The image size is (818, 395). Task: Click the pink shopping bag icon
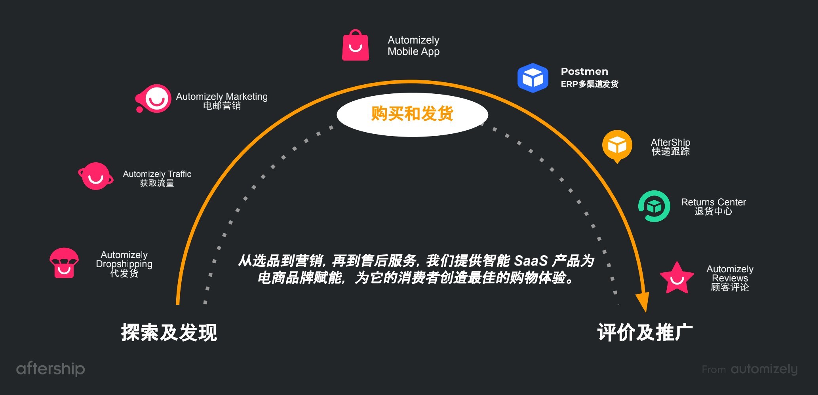click(x=355, y=46)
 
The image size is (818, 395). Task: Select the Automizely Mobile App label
click(x=413, y=46)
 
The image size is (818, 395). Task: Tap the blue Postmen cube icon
click(x=533, y=78)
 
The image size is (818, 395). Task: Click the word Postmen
click(x=584, y=72)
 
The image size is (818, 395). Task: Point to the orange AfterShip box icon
click(x=617, y=145)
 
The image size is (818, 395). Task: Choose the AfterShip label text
click(x=670, y=146)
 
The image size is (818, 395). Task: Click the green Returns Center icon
click(x=654, y=206)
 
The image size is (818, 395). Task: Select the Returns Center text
click(x=713, y=206)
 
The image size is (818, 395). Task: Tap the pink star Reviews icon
click(x=677, y=279)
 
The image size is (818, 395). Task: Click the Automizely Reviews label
click(x=730, y=278)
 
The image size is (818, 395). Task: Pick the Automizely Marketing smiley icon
click(x=154, y=99)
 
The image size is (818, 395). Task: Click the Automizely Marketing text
click(x=222, y=101)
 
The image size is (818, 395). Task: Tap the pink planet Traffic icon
click(x=95, y=176)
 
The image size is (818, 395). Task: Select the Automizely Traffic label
click(x=157, y=178)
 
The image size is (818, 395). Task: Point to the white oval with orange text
click(x=412, y=114)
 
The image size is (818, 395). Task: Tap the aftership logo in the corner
click(x=50, y=368)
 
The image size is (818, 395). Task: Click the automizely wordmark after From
click(x=764, y=369)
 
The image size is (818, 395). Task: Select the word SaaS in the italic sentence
click(x=531, y=261)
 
